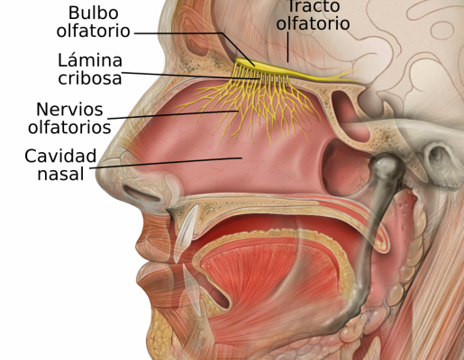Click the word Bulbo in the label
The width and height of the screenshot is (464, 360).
(94, 13)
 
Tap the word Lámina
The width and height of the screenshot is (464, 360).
(90, 60)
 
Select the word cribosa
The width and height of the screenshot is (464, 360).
(90, 78)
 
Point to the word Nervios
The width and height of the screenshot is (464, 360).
(69, 110)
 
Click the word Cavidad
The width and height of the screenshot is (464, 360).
(60, 156)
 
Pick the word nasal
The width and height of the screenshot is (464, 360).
(60, 174)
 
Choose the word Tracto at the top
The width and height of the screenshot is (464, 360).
(314, 6)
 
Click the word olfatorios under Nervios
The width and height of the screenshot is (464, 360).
(69, 127)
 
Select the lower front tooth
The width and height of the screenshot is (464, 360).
(192, 290)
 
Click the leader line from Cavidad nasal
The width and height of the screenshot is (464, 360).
(166, 163)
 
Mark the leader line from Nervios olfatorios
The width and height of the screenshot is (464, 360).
(173, 115)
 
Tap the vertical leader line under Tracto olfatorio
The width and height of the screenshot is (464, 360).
(287, 47)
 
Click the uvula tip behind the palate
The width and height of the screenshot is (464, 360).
(382, 244)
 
